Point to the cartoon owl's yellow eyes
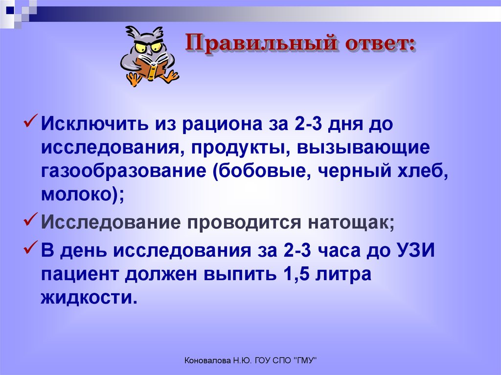[147, 47]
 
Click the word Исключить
[94, 124]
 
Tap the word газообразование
[124, 171]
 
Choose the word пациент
[80, 275]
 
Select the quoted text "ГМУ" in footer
[307, 361]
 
